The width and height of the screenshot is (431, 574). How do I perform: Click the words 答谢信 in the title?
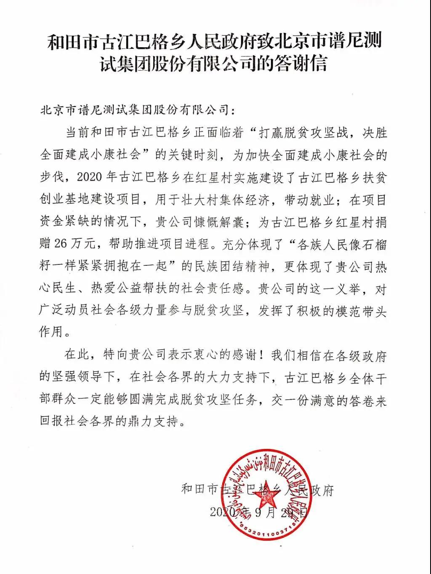pos(300,64)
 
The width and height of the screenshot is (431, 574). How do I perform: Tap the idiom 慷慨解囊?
pos(219,222)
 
